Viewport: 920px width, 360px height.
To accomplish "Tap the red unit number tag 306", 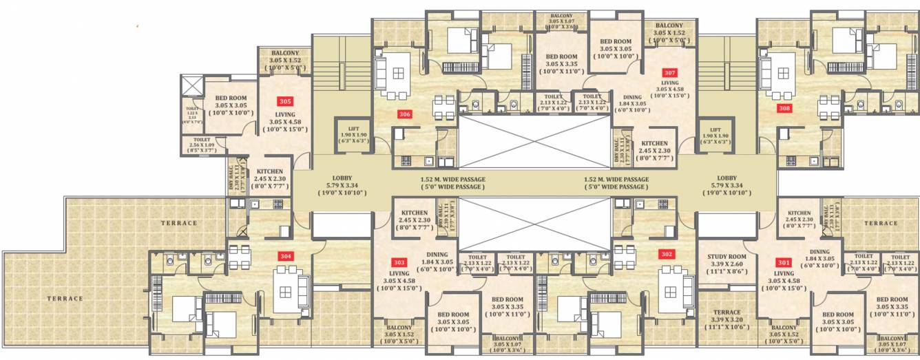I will [405, 114].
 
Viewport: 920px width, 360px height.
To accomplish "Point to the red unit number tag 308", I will [784, 108].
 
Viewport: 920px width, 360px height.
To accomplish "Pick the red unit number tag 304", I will [286, 255].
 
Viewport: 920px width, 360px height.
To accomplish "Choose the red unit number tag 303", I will [399, 262].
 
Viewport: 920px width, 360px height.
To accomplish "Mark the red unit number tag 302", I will [665, 253].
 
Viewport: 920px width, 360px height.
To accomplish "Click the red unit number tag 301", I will [783, 262].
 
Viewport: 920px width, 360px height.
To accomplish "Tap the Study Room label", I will [726, 257].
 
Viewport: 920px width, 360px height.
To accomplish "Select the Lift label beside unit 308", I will [715, 129].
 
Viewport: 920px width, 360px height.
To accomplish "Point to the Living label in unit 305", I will [285, 114].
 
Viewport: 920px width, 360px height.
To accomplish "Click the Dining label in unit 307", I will [631, 98].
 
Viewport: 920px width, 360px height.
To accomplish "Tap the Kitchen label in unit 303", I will [415, 213].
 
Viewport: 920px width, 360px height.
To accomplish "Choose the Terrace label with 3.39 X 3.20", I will [726, 312].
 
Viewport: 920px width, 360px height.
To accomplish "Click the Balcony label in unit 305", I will [285, 53].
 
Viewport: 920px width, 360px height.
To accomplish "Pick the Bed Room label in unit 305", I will [231, 98].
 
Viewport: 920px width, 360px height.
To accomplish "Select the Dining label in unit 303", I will [437, 255].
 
